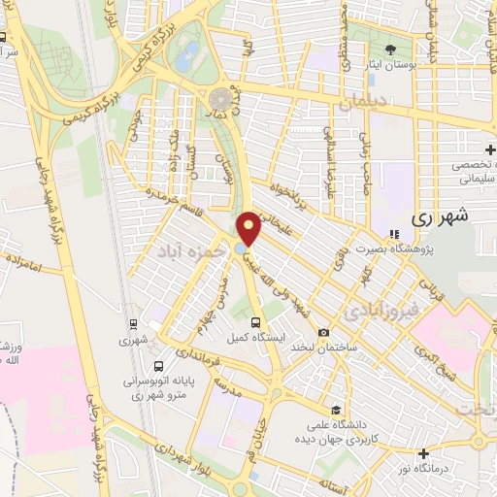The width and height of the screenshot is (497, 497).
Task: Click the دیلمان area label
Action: [x=363, y=100]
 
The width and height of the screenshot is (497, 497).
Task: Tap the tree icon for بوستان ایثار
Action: [x=391, y=50]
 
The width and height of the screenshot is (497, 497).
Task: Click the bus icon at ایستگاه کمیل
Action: [x=255, y=322]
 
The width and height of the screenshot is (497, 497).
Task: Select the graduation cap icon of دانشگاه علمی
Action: [x=335, y=411]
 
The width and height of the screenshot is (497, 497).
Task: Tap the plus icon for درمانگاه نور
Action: [x=423, y=452]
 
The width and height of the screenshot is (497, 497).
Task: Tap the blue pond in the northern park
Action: [x=190, y=50]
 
